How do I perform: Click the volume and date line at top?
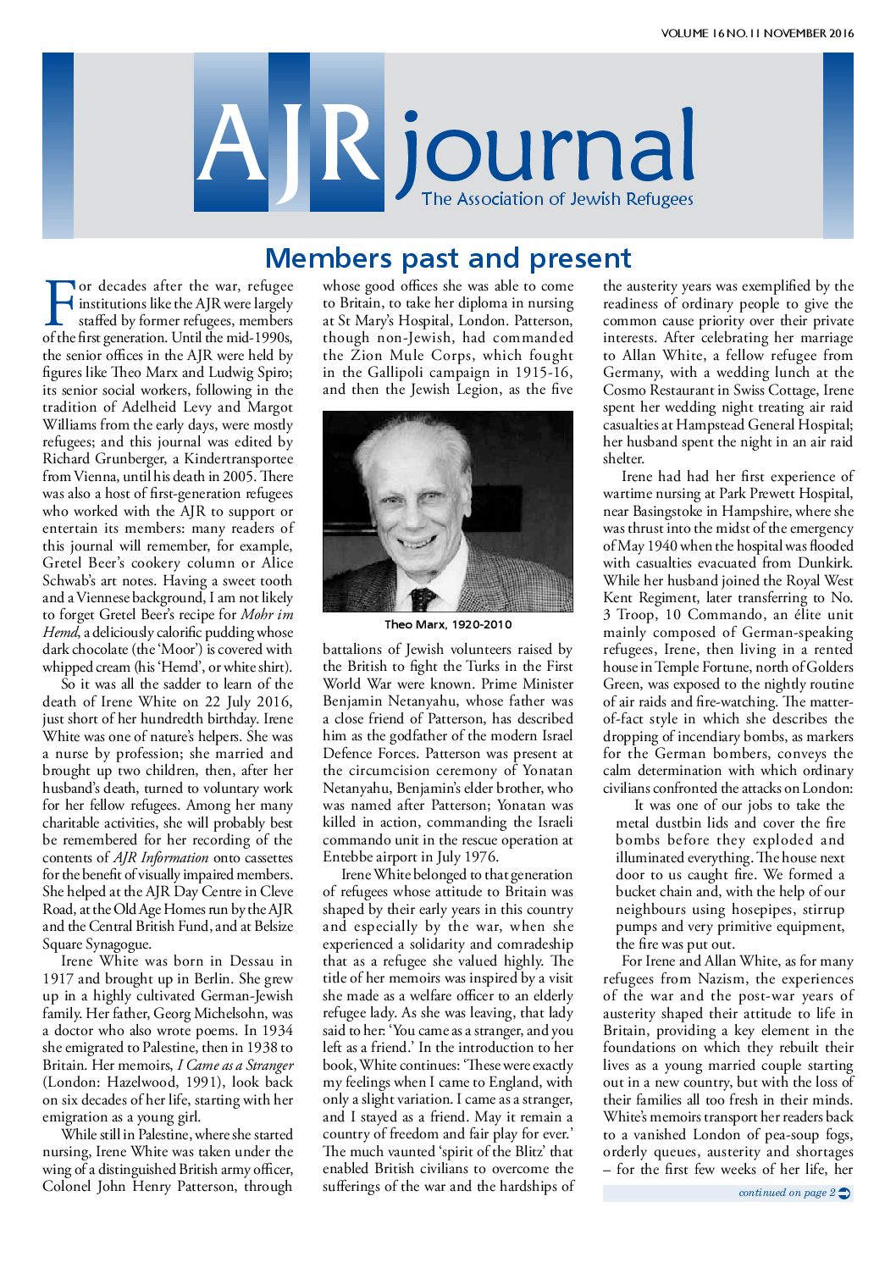[757, 34]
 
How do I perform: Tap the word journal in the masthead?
[547, 152]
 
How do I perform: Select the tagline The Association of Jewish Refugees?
[557, 200]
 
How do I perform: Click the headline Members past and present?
[448, 257]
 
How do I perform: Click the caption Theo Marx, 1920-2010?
[448, 625]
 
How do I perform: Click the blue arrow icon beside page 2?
[844, 1193]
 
